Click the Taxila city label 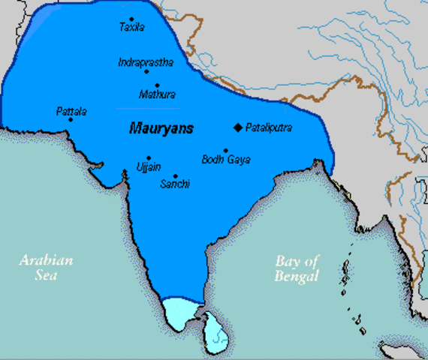131,28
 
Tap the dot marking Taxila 131,19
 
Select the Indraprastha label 146,62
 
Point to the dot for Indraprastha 147,71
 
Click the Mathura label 158,95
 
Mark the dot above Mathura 157,86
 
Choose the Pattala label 71,112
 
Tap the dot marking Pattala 71,120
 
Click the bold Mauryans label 161,128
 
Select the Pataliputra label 270,128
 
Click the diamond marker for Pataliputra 238,127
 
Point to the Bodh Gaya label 226,160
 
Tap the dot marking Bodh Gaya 226,150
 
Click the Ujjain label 148,166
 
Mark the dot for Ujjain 149,157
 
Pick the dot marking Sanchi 176,175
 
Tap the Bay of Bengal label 297,268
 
